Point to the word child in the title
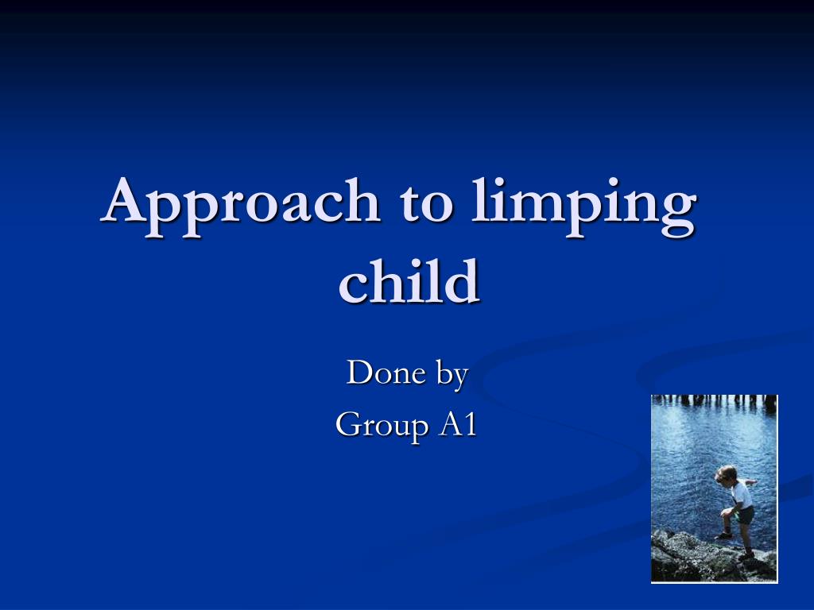409,280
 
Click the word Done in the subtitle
386,373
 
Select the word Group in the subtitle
382,426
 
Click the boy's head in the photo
726,473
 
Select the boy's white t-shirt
742,494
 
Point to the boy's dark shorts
746,515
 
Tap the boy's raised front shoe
723,535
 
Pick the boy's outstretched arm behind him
750,482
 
